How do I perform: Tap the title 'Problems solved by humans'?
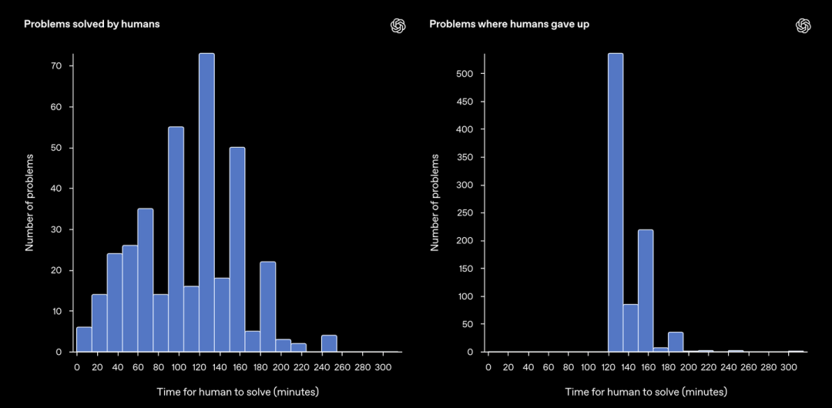[92, 24]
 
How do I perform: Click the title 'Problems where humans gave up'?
[509, 24]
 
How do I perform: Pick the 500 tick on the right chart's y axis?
[470, 74]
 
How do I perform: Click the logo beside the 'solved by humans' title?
[398, 25]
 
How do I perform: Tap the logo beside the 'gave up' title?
[803, 25]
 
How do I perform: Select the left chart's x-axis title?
[237, 392]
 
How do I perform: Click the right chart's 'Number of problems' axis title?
[435, 202]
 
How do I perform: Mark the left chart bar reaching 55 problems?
[176, 239]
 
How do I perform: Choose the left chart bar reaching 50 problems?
[237, 249]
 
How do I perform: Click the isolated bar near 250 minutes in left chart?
[329, 343]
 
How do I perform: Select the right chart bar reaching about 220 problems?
[646, 290]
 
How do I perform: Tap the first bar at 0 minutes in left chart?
[84, 339]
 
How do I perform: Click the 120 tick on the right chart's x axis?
[608, 368]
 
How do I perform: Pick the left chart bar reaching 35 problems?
[146, 280]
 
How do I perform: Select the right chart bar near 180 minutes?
[676, 342]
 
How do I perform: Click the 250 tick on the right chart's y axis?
[470, 213]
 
